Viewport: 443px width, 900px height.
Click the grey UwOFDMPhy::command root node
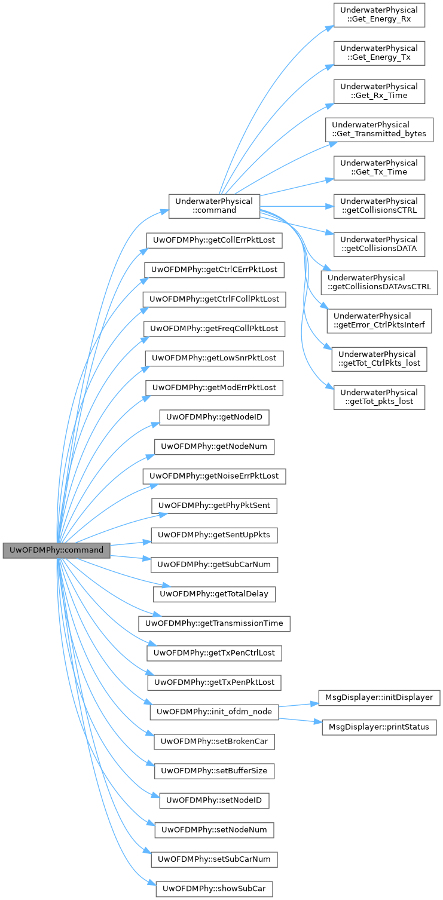(x=56, y=550)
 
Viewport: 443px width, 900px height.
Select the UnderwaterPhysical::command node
(x=214, y=206)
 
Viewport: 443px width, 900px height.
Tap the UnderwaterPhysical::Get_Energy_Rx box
(x=379, y=14)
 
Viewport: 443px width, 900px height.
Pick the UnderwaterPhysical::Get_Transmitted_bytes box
(x=379, y=129)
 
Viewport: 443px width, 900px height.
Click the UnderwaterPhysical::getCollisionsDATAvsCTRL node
(x=379, y=282)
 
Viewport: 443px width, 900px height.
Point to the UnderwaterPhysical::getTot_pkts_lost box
(x=379, y=397)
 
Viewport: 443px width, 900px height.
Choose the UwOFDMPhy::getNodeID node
(x=214, y=417)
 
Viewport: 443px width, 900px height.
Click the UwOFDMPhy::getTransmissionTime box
(x=214, y=623)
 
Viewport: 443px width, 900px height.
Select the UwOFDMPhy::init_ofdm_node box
(x=214, y=712)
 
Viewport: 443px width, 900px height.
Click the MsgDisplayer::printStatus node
(x=379, y=727)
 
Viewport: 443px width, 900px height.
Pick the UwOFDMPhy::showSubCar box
(x=214, y=888)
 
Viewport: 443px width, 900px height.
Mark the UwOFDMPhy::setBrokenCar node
(x=214, y=742)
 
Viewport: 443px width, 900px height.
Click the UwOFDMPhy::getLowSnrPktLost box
(x=214, y=358)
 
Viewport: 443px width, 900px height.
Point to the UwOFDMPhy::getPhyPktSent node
(x=214, y=505)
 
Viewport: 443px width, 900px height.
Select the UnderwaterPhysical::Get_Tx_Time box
(x=379, y=167)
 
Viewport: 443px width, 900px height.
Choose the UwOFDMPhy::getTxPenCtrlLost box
(x=214, y=653)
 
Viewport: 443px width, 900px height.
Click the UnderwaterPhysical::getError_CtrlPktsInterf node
(x=379, y=320)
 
